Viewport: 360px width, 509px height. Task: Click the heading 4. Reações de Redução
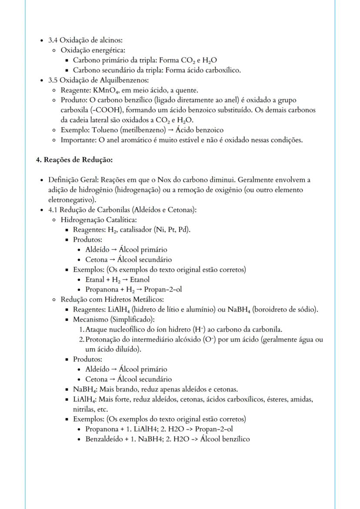[x=74, y=160]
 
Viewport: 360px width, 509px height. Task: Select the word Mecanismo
[x=90, y=319]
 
